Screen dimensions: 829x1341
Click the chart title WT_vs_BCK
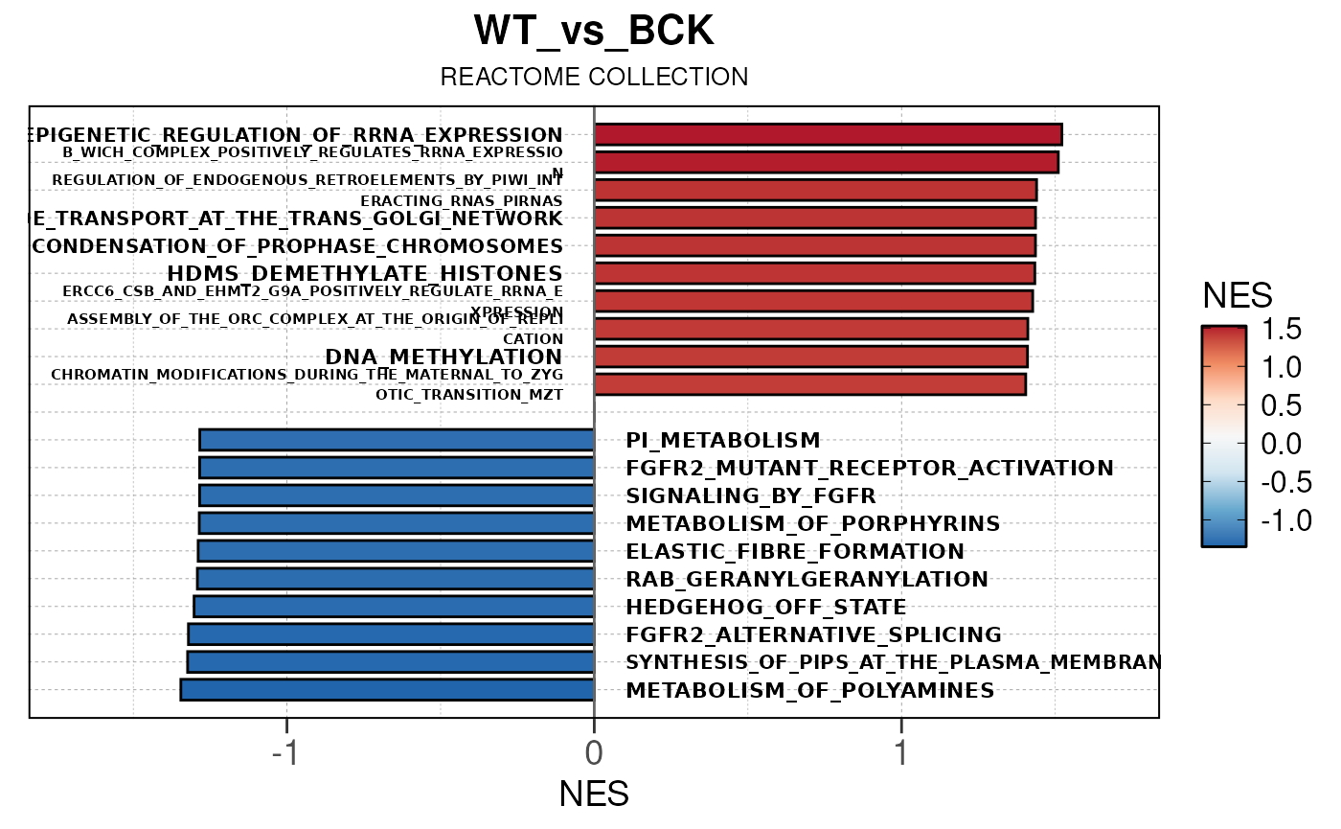(594, 32)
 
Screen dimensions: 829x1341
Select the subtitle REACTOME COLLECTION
(594, 77)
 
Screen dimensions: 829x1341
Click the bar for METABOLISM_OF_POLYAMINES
(387, 690)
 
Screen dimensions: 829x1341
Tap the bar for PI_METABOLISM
(397, 440)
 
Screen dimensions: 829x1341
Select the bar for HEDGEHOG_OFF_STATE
(394, 607)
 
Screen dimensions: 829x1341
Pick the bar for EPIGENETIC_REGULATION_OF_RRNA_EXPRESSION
(828, 135)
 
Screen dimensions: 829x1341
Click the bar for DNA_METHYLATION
(810, 357)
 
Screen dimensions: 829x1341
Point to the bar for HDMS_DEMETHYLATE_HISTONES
(814, 273)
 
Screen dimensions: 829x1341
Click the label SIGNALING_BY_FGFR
(751, 496)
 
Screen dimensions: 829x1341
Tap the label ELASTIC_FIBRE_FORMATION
(795, 552)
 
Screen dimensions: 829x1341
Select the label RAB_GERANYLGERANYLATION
(807, 580)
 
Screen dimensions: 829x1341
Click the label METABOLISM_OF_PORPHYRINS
(813, 524)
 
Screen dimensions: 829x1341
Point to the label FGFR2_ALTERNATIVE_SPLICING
(813, 635)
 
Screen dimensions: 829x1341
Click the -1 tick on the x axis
(286, 753)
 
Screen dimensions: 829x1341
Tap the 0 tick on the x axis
(594, 753)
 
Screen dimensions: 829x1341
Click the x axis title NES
(594, 794)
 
